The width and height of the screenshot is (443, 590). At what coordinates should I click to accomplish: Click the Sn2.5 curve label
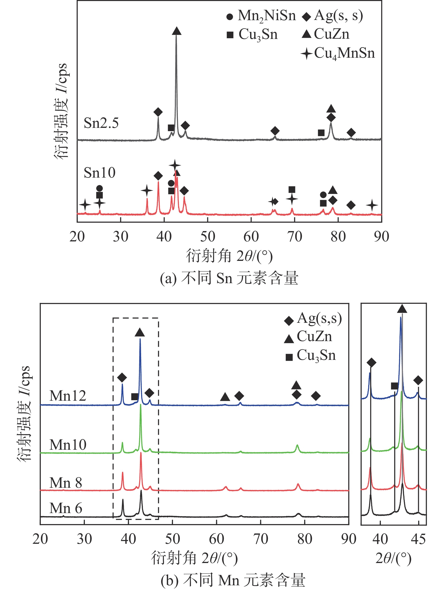coord(101,123)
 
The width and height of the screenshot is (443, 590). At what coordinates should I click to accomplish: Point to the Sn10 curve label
coord(99,173)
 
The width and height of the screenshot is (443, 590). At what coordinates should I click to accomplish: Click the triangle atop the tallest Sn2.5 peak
coord(176,31)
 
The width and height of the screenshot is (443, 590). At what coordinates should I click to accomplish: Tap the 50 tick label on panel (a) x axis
coord(208,237)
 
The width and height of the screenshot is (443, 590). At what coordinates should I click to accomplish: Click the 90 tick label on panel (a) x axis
coord(381,237)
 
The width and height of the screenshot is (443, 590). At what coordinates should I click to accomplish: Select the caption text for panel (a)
coord(229,278)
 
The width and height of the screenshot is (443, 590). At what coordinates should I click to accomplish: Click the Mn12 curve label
coord(68,396)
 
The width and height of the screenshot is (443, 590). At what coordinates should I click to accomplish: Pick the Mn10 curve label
coord(68,445)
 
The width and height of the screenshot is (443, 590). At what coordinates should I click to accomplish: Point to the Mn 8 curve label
coord(66,483)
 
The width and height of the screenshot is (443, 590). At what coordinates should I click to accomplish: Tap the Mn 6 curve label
coord(66,508)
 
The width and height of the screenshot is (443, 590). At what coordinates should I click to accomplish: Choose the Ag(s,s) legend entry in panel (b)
coord(313,319)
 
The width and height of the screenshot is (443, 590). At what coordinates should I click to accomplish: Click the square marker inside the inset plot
coord(394,386)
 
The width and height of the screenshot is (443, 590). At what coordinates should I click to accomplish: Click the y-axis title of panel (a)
coord(61,111)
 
